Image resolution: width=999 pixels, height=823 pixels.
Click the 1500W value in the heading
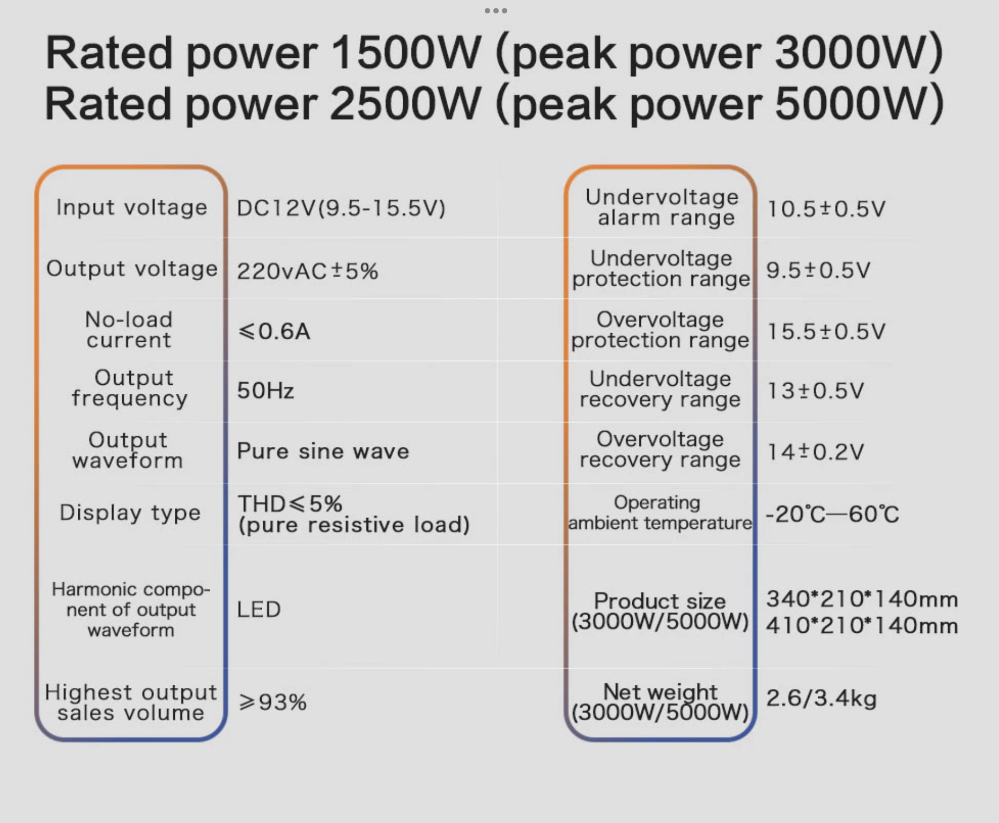[406, 53]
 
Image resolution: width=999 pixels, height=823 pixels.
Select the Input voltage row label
[131, 208]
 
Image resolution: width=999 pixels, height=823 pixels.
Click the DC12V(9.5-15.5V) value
[341, 208]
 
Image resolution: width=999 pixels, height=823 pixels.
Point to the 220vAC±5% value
[307, 271]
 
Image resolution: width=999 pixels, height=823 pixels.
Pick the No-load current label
[129, 330]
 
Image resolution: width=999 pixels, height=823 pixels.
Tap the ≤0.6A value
[274, 331]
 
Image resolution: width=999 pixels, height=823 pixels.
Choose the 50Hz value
[265, 391]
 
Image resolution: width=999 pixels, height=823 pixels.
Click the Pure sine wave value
[323, 451]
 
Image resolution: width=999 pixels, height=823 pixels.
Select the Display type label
[130, 513]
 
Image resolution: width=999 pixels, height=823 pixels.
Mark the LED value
[258, 609]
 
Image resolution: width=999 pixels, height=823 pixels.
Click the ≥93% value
[272, 702]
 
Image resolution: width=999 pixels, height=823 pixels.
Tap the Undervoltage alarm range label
[662, 207]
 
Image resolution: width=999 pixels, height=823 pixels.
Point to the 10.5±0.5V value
[826, 209]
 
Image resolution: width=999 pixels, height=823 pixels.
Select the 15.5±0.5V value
[826, 332]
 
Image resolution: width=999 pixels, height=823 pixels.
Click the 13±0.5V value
[815, 391]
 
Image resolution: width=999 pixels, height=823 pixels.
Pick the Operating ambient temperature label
[660, 512]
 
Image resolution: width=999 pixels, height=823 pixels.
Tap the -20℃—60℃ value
[832, 514]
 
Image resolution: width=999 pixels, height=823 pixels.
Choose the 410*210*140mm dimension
[862, 625]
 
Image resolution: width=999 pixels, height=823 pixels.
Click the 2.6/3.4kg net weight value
[821, 698]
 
